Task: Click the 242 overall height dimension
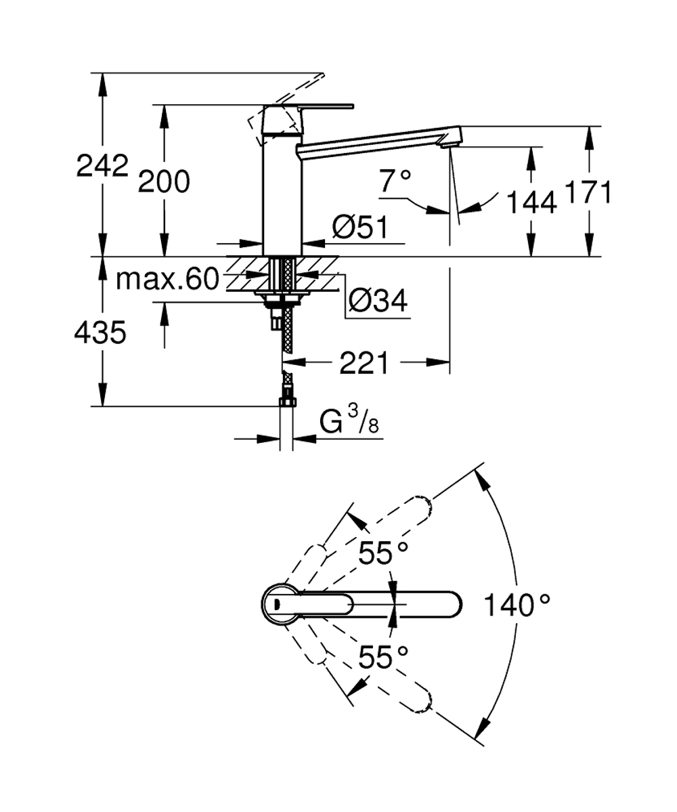(102, 166)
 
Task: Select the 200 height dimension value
(164, 181)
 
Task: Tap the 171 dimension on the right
(589, 192)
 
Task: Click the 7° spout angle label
(395, 181)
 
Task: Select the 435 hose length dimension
(101, 333)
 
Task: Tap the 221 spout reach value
(364, 364)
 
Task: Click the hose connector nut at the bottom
(287, 402)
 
